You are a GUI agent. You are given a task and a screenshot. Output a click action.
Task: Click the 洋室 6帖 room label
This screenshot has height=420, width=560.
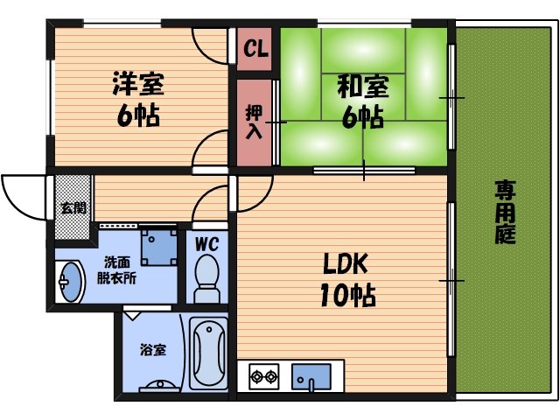[x=138, y=100]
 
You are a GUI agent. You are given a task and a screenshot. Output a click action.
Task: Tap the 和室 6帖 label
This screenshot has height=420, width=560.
[x=360, y=101]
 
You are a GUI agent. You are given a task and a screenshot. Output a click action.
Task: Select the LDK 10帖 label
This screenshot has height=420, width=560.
[x=349, y=279]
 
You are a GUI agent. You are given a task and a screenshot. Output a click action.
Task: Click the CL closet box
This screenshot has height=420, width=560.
[x=255, y=48]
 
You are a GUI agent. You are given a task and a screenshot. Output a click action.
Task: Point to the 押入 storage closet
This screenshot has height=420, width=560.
[x=254, y=122]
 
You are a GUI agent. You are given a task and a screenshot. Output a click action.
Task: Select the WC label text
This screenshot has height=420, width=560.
[x=206, y=241]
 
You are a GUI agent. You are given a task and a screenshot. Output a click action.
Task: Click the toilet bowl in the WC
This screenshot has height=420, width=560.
[x=206, y=275]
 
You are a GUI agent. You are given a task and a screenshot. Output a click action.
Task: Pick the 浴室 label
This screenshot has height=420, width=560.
[x=153, y=350]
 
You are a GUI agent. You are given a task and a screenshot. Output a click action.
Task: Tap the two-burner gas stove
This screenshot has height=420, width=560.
[x=264, y=378]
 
